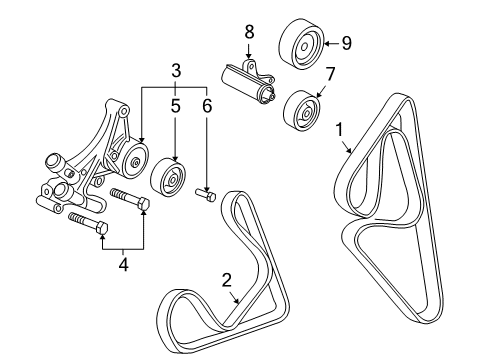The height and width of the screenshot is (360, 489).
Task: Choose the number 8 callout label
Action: coord(250,33)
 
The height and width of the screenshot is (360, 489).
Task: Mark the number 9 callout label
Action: coord(346,43)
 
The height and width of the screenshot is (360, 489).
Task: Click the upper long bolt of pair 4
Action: coord(129,197)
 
